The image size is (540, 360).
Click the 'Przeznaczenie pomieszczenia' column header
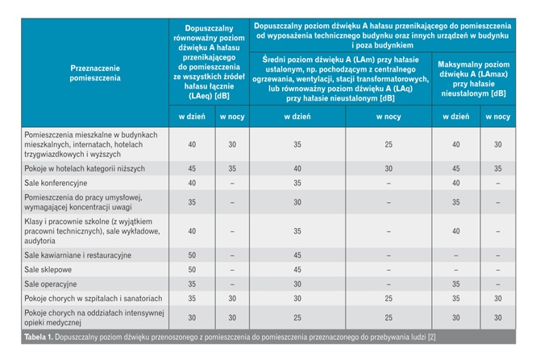(95, 73)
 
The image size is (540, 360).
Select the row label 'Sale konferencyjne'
(56, 183)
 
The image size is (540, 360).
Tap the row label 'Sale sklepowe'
(48, 270)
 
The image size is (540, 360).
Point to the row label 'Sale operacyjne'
(51, 284)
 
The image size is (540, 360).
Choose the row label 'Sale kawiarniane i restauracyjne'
(78, 255)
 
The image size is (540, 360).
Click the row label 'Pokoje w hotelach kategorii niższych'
(85, 168)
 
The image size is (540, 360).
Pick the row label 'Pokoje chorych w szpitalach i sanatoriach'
(93, 299)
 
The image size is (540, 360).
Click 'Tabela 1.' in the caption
(39, 337)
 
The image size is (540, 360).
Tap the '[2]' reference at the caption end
(431, 337)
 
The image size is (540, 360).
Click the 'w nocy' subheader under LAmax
(498, 117)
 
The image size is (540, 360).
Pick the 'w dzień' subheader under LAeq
(192, 117)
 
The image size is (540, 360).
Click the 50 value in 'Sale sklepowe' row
(192, 270)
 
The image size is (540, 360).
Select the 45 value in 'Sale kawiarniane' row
(297, 255)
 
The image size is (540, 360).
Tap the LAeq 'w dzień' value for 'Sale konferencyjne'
(192, 183)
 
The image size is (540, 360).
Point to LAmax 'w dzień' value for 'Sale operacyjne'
(456, 284)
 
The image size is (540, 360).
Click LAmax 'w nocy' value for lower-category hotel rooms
(498, 168)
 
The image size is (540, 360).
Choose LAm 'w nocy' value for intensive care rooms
(388, 318)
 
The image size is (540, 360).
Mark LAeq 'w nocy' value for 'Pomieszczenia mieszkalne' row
(232, 144)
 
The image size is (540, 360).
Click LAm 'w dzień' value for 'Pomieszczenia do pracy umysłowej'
(297, 202)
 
